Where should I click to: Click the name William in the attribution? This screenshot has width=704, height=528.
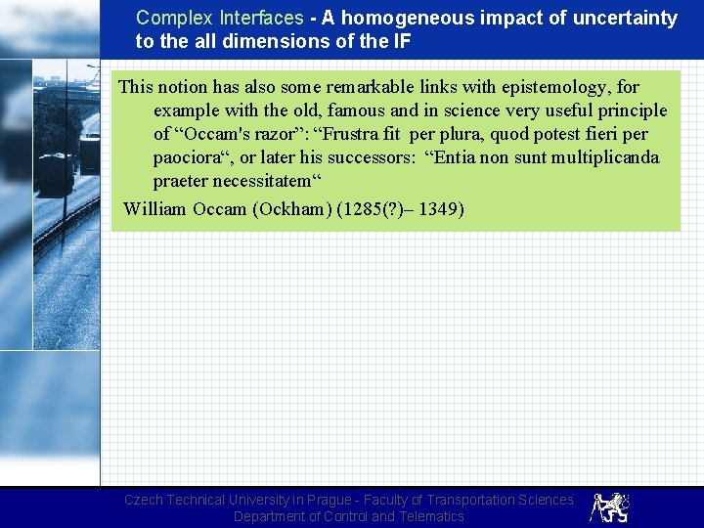click(155, 209)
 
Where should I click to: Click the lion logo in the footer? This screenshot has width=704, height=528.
click(609, 506)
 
